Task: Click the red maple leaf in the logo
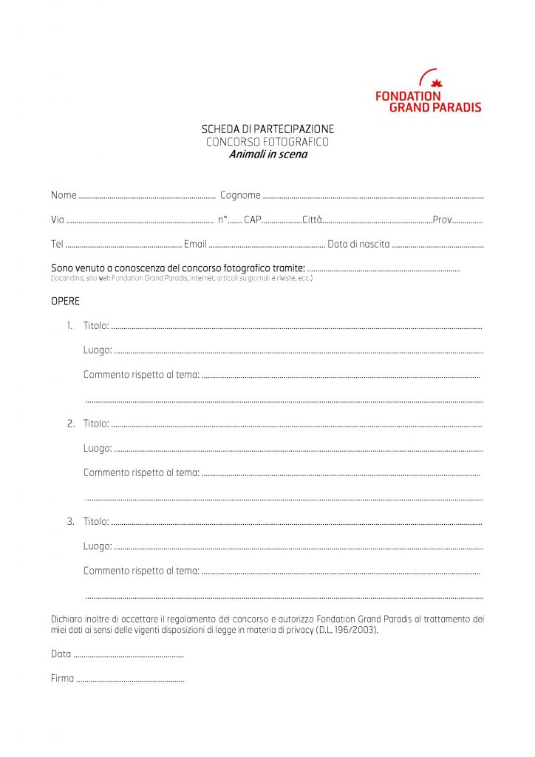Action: (x=436, y=83)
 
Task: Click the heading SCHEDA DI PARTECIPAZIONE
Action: (x=267, y=129)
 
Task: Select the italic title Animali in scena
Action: (x=267, y=155)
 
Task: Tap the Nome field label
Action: (x=64, y=195)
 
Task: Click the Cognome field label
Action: (x=240, y=195)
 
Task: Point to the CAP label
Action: (x=253, y=220)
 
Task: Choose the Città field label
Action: (x=312, y=220)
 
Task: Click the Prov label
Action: (x=442, y=220)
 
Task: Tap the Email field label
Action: (x=195, y=244)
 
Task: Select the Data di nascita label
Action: (x=358, y=244)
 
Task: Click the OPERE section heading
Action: (x=65, y=302)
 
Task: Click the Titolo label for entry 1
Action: (x=96, y=325)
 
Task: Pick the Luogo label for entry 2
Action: (x=98, y=448)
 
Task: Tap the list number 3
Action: (x=71, y=521)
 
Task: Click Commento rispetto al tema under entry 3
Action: (x=141, y=571)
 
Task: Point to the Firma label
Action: (x=62, y=678)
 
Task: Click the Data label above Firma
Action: (x=61, y=654)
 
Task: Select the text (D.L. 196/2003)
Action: (x=347, y=630)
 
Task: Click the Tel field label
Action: (x=57, y=244)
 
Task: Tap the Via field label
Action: (x=58, y=220)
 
